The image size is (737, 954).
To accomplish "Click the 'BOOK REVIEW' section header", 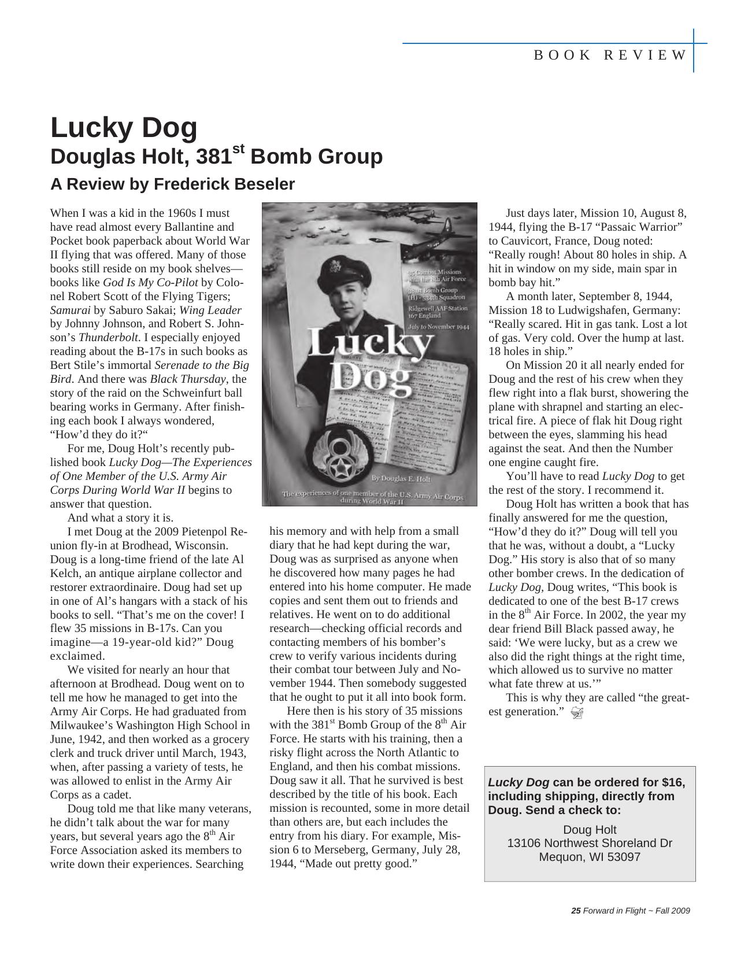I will tap(610, 56).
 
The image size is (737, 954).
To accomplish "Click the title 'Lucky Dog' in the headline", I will tap(124, 128).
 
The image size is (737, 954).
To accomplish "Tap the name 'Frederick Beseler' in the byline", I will tap(224, 184).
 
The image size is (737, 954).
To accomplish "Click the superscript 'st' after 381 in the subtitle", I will tap(238, 150).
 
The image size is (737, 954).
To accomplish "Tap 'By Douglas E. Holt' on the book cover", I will tap(401, 478).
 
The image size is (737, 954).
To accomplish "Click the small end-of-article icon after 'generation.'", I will tap(576, 713).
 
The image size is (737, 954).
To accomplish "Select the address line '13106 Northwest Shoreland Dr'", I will tap(589, 843).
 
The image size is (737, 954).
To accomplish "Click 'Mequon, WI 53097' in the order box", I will tap(589, 857).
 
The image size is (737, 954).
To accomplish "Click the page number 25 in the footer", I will tap(575, 911).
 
